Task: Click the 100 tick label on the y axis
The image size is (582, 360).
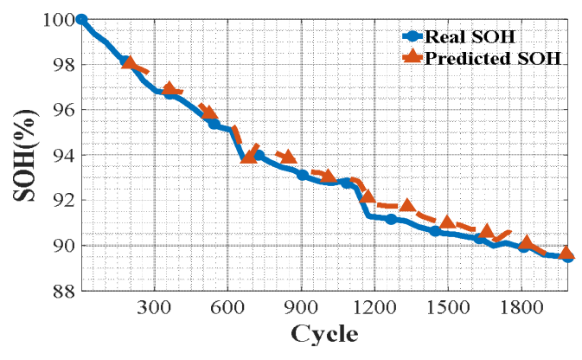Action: point(60,20)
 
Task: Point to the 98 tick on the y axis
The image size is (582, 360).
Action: point(64,66)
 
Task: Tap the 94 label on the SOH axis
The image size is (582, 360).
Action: point(64,156)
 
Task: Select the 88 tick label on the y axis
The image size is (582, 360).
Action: point(64,292)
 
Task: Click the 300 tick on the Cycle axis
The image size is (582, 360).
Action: point(154,308)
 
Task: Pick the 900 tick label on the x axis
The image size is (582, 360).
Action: point(301,308)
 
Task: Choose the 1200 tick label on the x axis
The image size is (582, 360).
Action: point(374,308)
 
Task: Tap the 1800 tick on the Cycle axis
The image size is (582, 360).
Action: point(521,308)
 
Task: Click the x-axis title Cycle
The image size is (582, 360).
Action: point(324,335)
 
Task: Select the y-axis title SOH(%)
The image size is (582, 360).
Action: point(25,155)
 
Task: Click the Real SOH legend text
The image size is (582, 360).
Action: point(470,36)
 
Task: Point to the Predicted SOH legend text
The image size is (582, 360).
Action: point(492,58)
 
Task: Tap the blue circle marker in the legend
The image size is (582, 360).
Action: point(413,36)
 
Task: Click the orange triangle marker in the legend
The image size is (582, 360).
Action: point(413,57)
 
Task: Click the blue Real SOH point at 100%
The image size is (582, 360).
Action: point(81,20)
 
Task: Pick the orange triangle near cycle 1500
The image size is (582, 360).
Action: point(448,222)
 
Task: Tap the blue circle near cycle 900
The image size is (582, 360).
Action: point(303,175)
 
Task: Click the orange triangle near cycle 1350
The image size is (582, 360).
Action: point(408,204)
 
